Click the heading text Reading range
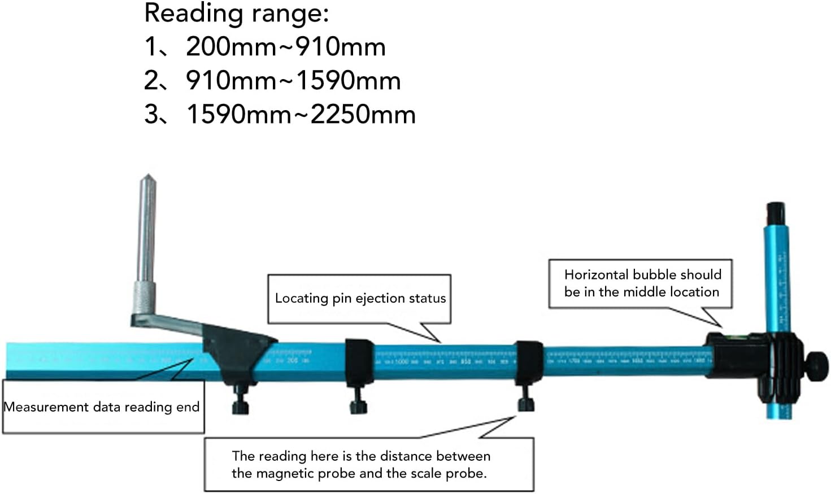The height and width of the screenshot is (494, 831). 236,14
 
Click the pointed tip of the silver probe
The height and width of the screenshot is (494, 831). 148,177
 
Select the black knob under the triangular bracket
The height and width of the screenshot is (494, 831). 240,404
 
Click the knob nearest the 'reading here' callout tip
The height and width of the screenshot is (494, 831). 526,402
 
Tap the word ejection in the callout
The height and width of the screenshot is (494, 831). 377,298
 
